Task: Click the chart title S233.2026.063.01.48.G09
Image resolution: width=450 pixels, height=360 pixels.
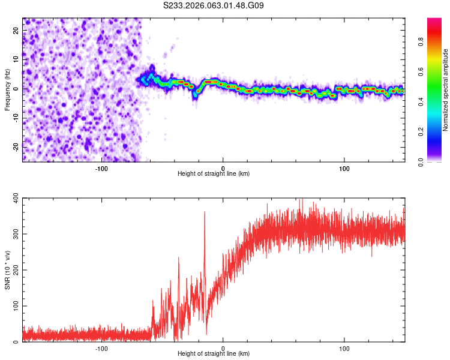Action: (214, 5)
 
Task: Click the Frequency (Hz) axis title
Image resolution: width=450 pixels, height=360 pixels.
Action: (7, 90)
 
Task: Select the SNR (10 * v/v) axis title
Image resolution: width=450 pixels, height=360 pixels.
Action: (7, 269)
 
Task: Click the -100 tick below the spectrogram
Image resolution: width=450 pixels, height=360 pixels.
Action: (101, 168)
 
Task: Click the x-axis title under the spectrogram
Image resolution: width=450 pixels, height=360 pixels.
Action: (214, 174)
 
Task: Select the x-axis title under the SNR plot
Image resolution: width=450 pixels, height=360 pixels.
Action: (214, 354)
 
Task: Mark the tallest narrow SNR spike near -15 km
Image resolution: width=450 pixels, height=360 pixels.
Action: (205, 212)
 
